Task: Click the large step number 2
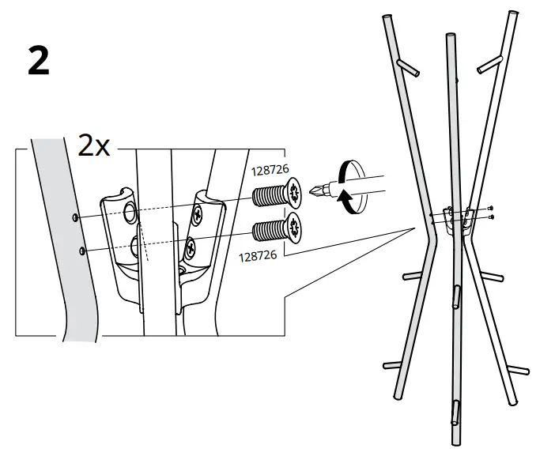39,61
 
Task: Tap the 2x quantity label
94,145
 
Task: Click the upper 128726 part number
270,170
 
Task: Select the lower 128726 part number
258,256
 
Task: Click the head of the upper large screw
294,193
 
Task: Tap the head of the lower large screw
294,228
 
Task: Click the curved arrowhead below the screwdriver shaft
343,197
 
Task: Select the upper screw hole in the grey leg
75,218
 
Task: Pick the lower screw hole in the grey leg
82,251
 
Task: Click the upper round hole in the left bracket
130,212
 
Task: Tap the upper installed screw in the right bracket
197,216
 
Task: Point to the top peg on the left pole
408,67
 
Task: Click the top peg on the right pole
490,65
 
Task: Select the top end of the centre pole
451,36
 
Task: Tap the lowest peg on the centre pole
455,413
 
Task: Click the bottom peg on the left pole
393,365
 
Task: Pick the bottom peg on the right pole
519,370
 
